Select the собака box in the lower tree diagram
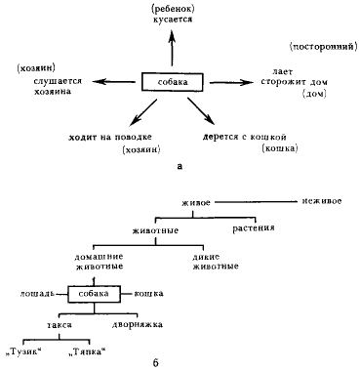94,293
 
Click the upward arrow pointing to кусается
175,49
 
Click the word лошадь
36,293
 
